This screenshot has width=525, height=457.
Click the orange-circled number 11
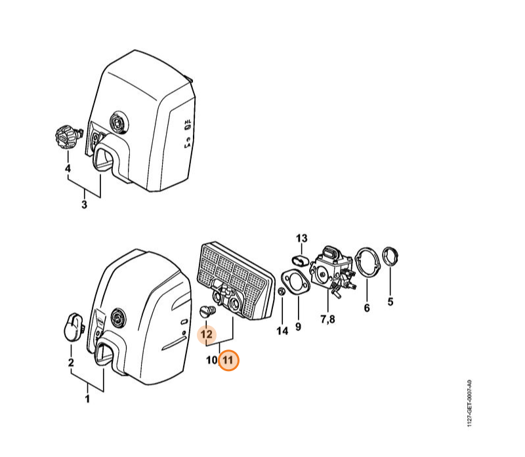[228, 361]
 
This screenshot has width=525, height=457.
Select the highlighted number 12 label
[207, 334]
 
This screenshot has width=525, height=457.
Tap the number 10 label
[211, 361]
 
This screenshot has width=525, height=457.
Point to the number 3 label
[85, 205]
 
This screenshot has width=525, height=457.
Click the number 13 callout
[302, 239]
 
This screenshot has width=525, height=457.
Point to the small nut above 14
[282, 292]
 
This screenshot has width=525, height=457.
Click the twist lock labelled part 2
[73, 327]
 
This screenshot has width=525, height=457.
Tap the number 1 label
[87, 399]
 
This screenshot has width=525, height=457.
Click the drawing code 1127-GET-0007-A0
[469, 403]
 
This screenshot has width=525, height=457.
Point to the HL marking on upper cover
[188, 123]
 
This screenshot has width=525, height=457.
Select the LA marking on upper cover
[187, 146]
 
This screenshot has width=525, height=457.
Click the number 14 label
[282, 331]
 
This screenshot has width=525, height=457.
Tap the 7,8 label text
[327, 319]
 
